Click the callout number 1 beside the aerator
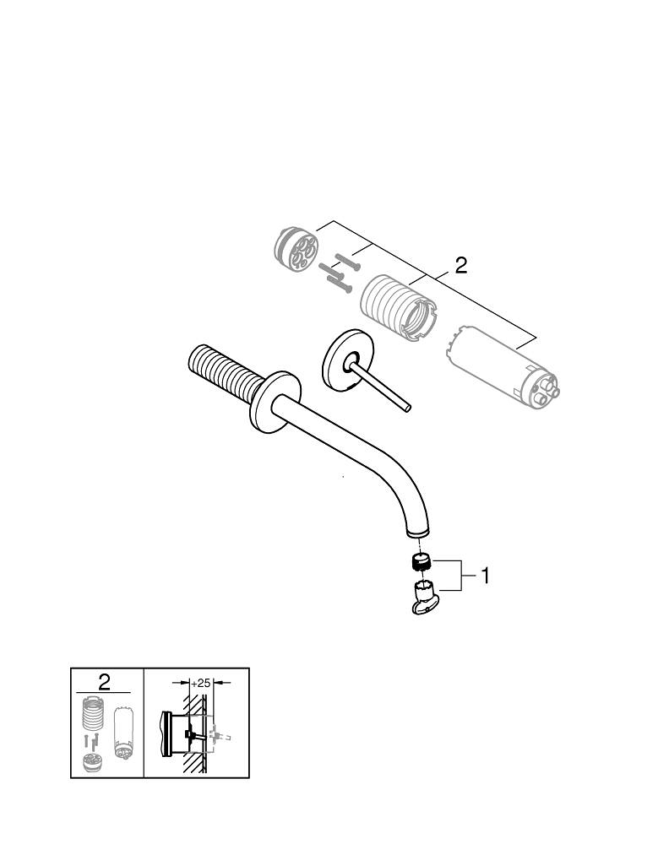click(485, 576)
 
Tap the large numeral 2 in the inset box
click(104, 682)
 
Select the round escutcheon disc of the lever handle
click(342, 359)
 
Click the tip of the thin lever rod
click(409, 410)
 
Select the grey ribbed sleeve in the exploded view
click(396, 308)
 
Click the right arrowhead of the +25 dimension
click(218, 682)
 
